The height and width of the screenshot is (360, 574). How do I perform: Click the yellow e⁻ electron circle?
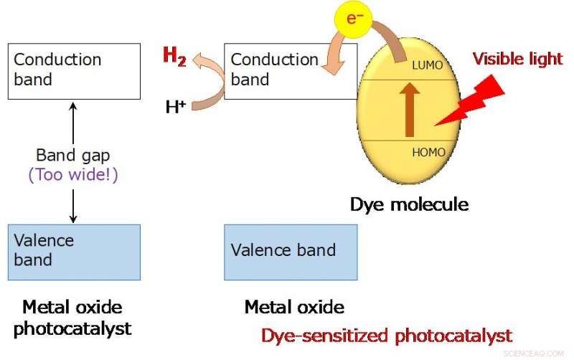352,19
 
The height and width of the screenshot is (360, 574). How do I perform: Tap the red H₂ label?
174,56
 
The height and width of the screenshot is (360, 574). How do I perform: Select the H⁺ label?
176,108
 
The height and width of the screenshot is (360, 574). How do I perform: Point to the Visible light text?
517,59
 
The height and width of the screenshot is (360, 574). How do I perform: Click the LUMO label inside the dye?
427,65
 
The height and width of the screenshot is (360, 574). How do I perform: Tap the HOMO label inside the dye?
428,152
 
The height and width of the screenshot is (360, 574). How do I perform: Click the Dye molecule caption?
409,204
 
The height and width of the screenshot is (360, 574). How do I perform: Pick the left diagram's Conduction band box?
74,71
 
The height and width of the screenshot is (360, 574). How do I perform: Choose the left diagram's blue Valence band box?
74,251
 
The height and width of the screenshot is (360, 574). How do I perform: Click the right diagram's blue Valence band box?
291,251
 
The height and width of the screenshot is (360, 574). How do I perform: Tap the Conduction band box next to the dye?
291,71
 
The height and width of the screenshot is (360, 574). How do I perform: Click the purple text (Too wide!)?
72,174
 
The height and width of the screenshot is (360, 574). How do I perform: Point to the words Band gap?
72,155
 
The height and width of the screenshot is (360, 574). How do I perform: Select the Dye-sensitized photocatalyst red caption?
386,335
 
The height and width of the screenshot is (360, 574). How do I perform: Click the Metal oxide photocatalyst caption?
72,318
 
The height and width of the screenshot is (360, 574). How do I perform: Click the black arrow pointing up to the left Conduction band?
73,122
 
